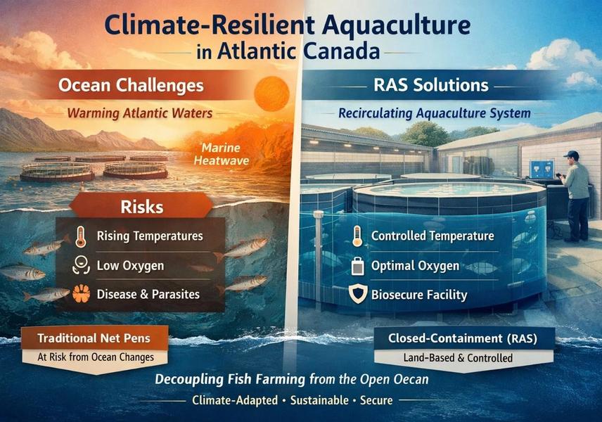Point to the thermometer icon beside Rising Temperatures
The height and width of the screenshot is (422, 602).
click(79, 237)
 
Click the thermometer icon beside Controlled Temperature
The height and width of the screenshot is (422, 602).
click(357, 237)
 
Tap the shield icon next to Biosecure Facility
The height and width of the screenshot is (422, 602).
click(357, 295)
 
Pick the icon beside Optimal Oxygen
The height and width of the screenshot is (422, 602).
click(357, 266)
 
